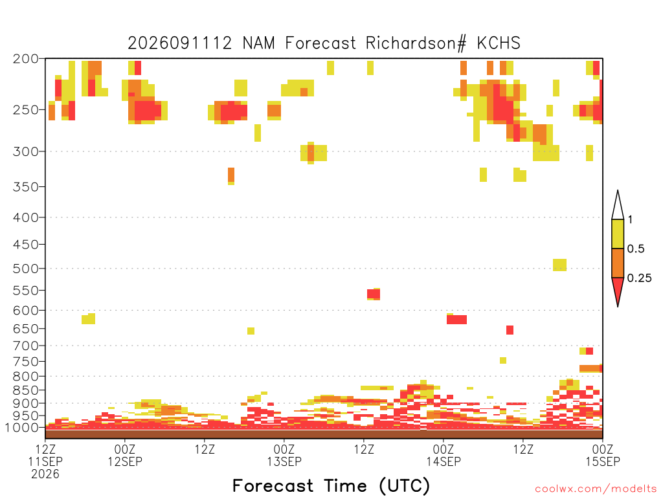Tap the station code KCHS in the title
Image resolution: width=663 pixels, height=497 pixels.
pos(499,43)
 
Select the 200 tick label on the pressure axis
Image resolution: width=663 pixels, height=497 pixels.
pos(26,59)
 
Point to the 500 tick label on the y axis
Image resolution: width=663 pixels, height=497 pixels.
pos(26,269)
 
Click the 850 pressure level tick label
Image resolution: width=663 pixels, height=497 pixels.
pos(26,390)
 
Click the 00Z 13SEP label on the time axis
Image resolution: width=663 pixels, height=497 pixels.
pos(284,455)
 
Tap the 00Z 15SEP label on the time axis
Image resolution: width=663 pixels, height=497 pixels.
pos(603,455)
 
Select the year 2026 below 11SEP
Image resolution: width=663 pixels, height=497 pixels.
pos(45,474)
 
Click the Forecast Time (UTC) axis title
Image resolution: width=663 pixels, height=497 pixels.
pos(331,486)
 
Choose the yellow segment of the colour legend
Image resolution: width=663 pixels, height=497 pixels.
pos(618,234)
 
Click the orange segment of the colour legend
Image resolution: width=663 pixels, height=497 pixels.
pos(618,263)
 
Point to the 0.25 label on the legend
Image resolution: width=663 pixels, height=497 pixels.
pos(639,278)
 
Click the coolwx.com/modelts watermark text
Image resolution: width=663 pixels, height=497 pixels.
pos(596,489)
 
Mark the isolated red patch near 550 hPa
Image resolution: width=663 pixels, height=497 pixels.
pos(374,294)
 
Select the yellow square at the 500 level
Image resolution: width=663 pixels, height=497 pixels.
pos(560,265)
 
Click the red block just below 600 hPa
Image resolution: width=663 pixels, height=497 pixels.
pos(456,320)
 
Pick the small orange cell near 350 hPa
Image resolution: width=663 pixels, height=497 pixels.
pos(231,175)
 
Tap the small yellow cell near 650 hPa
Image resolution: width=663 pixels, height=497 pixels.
pos(251,331)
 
